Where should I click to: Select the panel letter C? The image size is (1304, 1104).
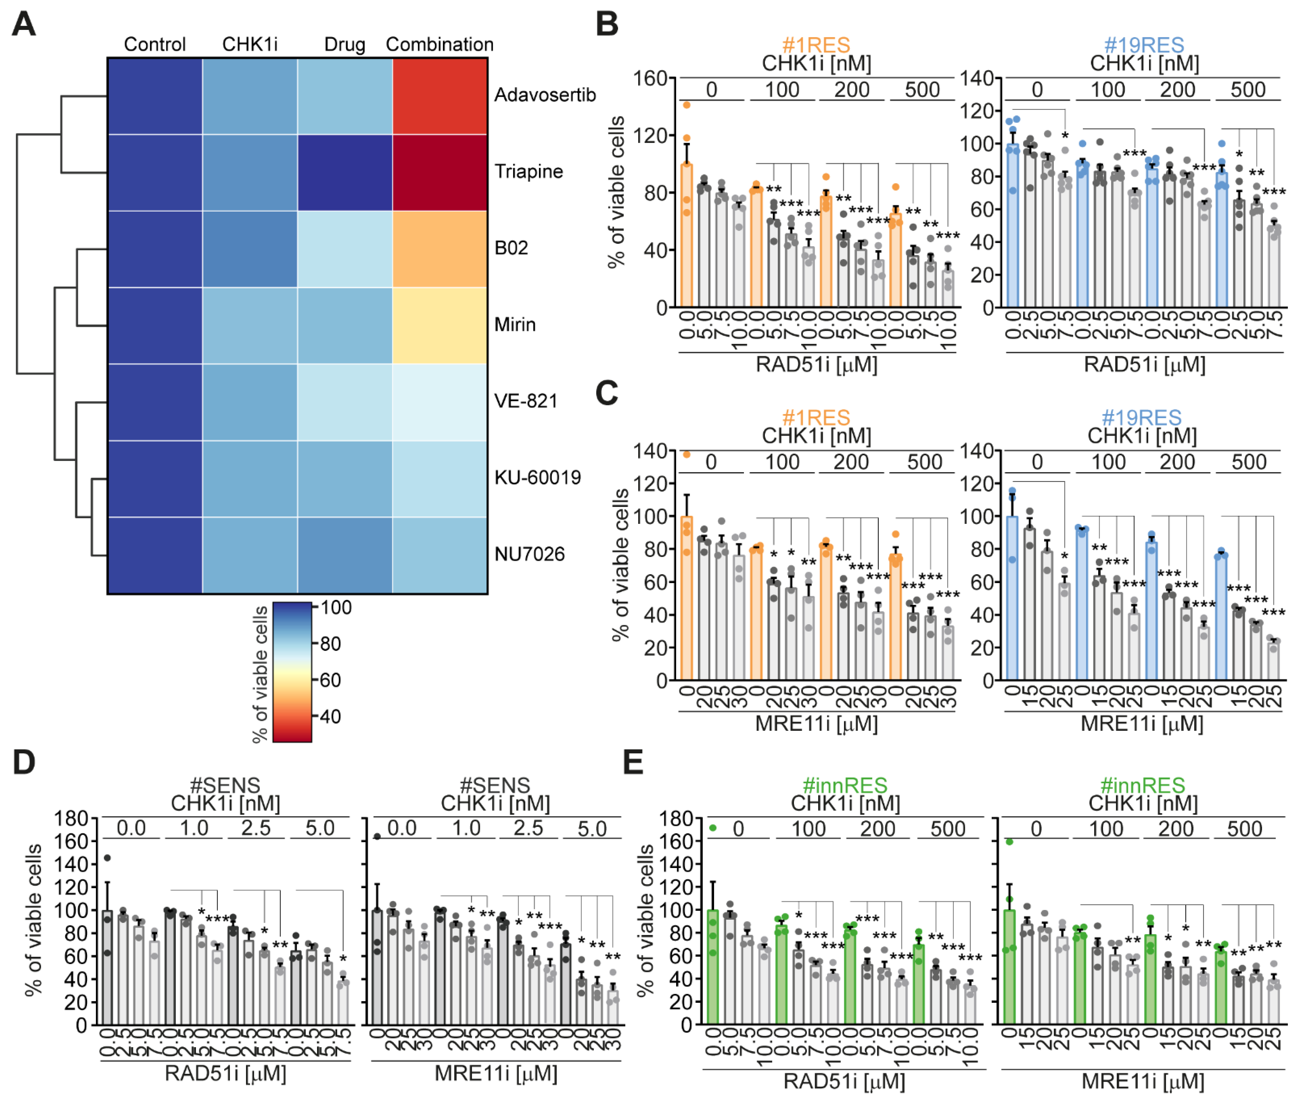(606, 394)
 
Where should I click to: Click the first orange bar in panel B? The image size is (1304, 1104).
(686, 235)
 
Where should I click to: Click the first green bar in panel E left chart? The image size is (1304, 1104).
(712, 967)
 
